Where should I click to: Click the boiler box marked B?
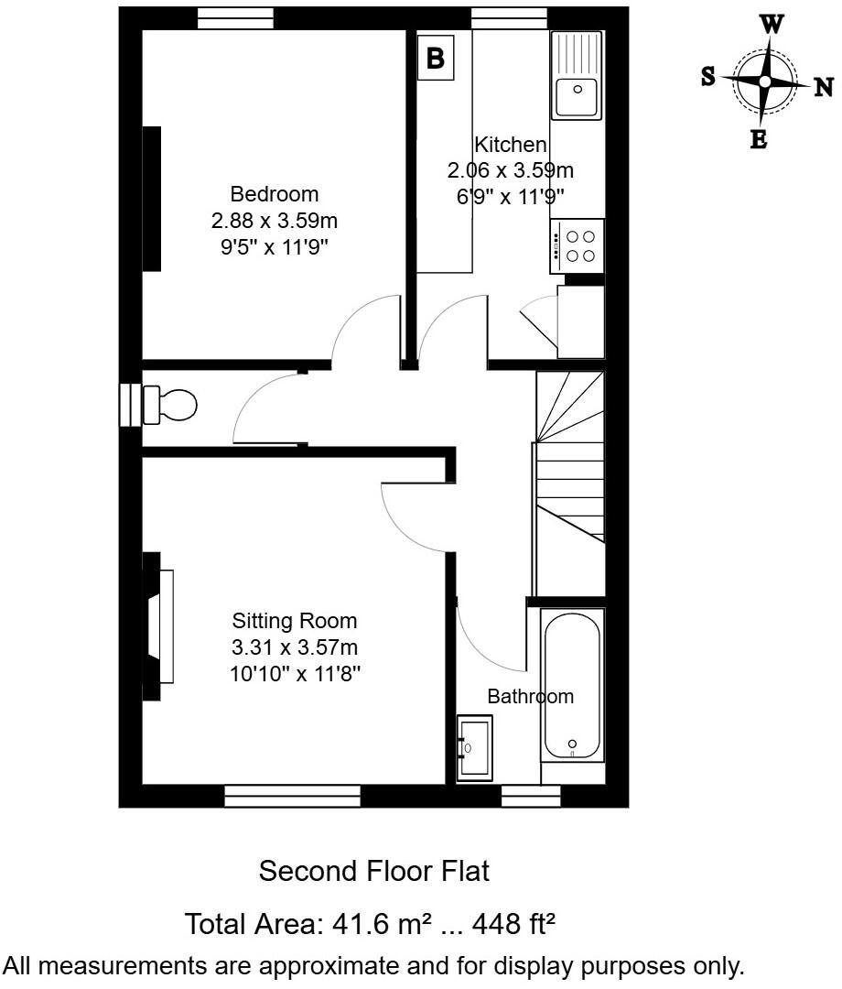pyautogui.click(x=436, y=59)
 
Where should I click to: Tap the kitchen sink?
pyautogui.click(x=577, y=75)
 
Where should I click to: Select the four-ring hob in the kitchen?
pyautogui.click(x=578, y=246)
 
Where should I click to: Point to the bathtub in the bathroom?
pyautogui.click(x=572, y=685)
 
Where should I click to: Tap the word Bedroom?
pyautogui.click(x=275, y=194)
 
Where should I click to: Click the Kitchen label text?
pyautogui.click(x=510, y=145)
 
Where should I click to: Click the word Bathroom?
pyautogui.click(x=530, y=696)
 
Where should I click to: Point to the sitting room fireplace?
pyautogui.click(x=159, y=626)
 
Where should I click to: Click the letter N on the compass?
pyautogui.click(x=824, y=87)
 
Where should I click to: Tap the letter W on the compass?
pyautogui.click(x=772, y=25)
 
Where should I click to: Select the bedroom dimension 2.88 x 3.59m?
pyautogui.click(x=275, y=221)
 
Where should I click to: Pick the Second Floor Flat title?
pyautogui.click(x=374, y=871)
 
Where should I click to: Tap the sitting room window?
pyautogui.click(x=292, y=797)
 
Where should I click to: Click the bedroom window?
pyautogui.click(x=235, y=18)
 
